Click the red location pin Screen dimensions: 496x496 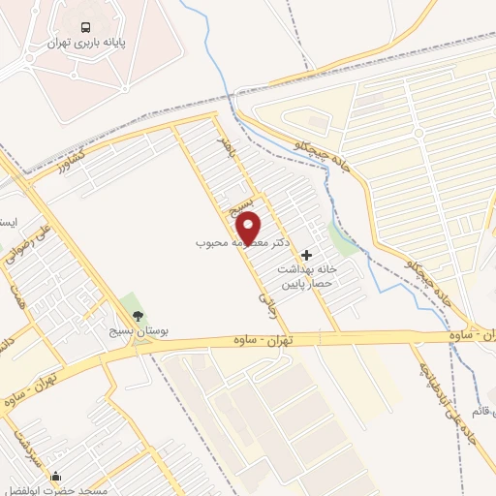click(250, 230)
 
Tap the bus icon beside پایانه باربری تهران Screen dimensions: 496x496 click(87, 27)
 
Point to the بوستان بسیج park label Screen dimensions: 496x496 click(137, 331)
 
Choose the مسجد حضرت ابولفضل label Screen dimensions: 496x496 click(60, 491)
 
